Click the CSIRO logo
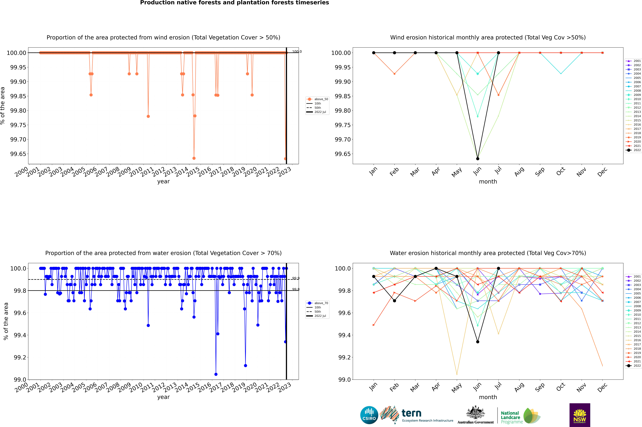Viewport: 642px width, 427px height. click(x=369, y=415)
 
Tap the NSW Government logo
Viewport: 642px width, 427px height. click(x=580, y=415)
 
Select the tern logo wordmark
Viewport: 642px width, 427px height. click(x=411, y=413)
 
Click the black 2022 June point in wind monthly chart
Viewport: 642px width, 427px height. click(x=478, y=158)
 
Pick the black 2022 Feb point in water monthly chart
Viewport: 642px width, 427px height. click(x=394, y=301)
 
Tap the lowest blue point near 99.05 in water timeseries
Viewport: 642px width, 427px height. click(x=216, y=374)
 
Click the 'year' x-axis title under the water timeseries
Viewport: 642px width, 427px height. click(x=163, y=397)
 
